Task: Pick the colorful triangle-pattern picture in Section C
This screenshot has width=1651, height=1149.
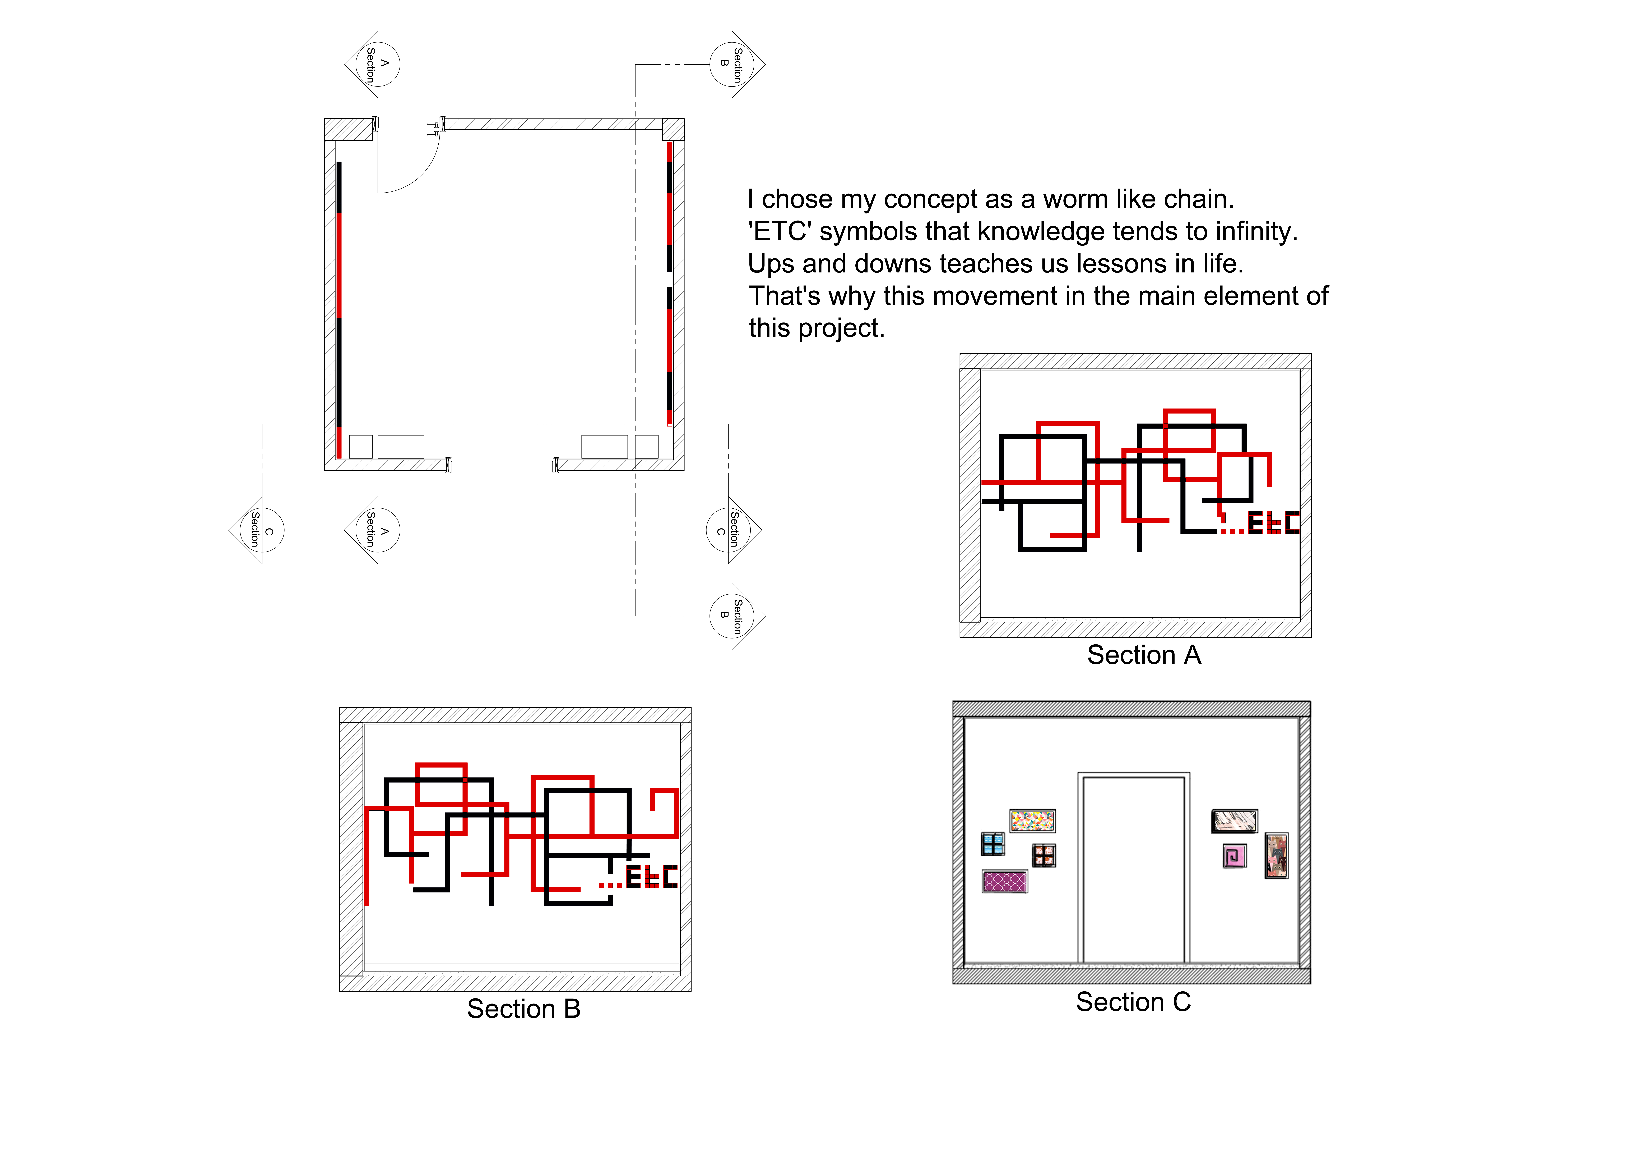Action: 1033,820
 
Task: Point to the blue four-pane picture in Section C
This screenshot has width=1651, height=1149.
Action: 993,844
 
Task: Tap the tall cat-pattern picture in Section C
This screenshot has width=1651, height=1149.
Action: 1276,855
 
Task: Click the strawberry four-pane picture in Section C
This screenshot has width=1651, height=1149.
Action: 1044,855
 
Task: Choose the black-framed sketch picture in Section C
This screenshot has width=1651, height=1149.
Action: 1235,821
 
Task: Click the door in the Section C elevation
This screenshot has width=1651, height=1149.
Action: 1133,868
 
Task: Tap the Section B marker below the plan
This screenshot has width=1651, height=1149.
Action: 737,616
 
